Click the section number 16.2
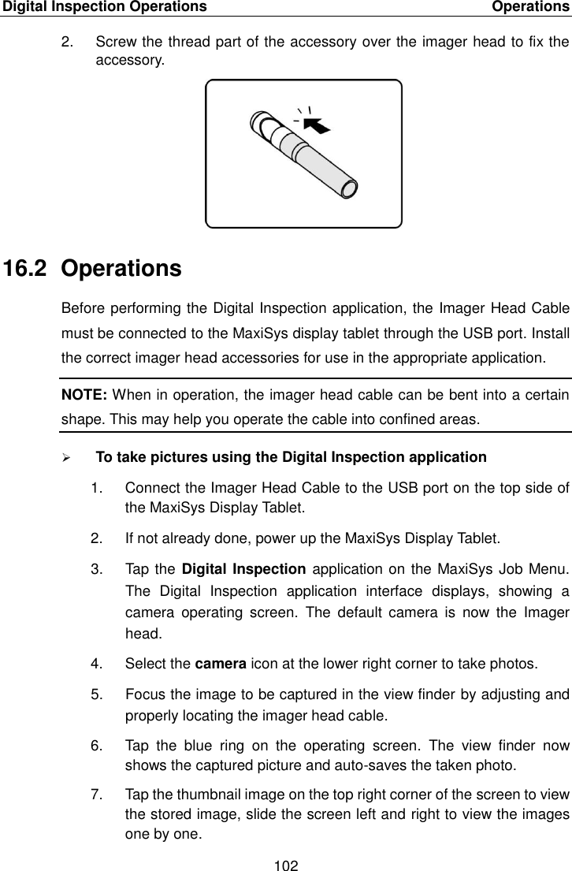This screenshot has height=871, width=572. pyautogui.click(x=28, y=269)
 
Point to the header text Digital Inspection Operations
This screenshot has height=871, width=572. pyautogui.click(x=104, y=7)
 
